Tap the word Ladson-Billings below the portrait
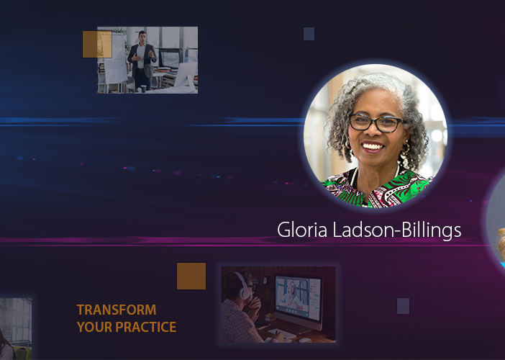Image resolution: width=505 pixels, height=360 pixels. tap(397, 230)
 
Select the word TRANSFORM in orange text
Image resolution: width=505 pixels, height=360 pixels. tap(117, 310)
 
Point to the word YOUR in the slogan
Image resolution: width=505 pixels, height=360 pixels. tap(95, 327)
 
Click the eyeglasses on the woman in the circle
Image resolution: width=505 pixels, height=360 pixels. tap(376, 123)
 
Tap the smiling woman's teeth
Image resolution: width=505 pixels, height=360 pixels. tap(373, 147)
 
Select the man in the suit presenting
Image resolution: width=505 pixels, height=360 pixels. tap(142, 60)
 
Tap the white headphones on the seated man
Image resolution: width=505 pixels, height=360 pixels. tap(243, 285)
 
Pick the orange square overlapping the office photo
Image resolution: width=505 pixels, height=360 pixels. tap(97, 45)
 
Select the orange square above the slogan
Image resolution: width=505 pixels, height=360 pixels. tap(191, 276)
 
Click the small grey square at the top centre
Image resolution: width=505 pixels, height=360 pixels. tap(309, 34)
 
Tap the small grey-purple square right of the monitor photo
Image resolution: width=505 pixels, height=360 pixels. tap(404, 306)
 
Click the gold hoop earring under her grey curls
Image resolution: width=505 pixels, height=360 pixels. tap(406, 148)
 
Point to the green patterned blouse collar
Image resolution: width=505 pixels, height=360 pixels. tap(377, 189)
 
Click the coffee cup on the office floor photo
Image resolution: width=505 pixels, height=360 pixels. tap(143, 89)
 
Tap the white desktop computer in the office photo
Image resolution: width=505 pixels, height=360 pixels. tap(186, 76)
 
